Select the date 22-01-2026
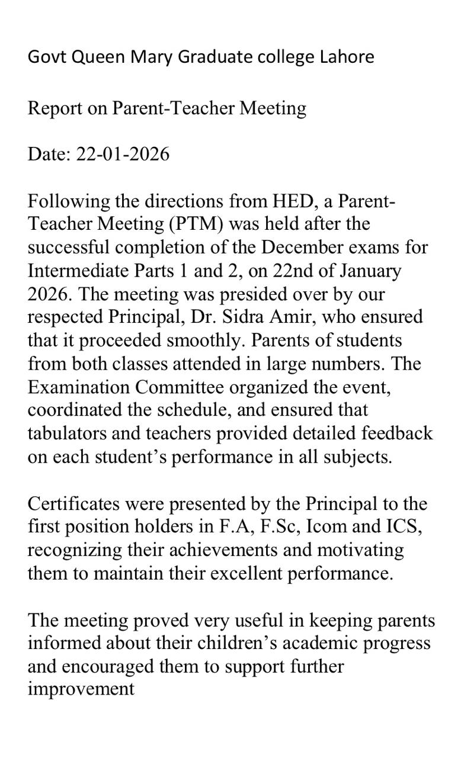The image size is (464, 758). (x=123, y=154)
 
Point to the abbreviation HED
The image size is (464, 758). (x=291, y=201)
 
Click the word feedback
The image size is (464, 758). (x=398, y=433)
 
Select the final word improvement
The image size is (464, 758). (x=81, y=689)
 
